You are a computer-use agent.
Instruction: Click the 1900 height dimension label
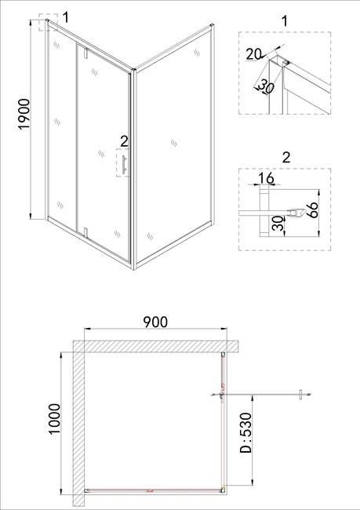[x=25, y=115]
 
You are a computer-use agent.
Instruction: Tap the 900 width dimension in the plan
[x=155, y=322]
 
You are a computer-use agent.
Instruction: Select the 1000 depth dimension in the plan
[x=54, y=419]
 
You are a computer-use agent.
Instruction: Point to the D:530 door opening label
[x=245, y=433]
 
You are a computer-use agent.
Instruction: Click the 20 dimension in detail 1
[x=253, y=54]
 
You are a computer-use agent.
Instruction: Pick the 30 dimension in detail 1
[x=266, y=87]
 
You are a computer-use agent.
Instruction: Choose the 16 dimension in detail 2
[x=267, y=178]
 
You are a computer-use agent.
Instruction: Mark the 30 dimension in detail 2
[x=278, y=223]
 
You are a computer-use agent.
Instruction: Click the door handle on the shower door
[x=124, y=164]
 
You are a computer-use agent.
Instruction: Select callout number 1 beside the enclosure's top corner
[x=66, y=17]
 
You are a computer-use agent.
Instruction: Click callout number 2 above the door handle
[x=124, y=141]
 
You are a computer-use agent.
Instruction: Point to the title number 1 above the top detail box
[x=285, y=21]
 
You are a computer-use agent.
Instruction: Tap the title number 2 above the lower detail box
[x=285, y=158]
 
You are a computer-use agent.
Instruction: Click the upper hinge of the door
[x=85, y=53]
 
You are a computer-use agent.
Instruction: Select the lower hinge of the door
[x=85, y=232]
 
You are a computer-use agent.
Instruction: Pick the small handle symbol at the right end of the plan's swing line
[x=301, y=395]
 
